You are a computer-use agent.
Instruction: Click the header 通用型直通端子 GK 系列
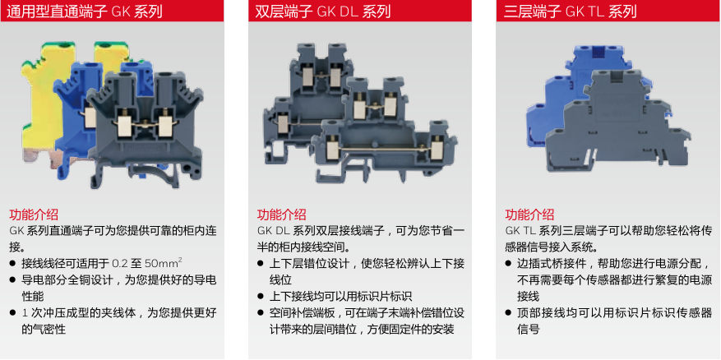point(85,11)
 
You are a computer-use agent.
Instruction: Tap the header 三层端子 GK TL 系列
point(570,11)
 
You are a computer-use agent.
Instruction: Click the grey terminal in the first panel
point(145,129)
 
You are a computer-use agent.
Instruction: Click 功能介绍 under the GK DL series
point(281,215)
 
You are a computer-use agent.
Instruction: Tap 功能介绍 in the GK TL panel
point(529,215)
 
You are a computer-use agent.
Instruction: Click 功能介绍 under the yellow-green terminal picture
point(34,215)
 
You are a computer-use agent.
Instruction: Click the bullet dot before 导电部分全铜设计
point(12,280)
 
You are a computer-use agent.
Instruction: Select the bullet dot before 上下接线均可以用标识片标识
point(261,297)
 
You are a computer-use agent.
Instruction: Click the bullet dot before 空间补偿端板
point(261,313)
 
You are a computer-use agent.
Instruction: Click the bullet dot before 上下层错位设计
point(261,264)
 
